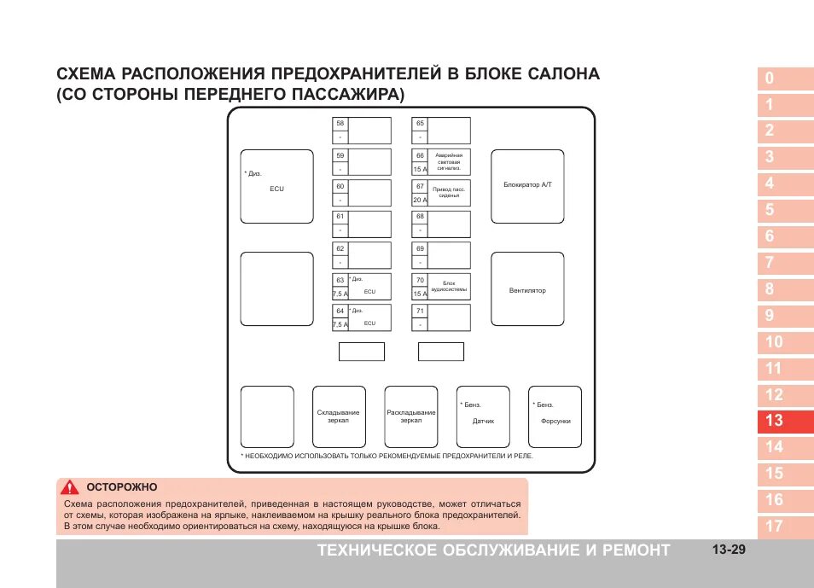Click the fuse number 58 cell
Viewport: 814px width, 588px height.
pyautogui.click(x=340, y=124)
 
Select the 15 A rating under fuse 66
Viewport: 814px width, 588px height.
pyautogui.click(x=420, y=169)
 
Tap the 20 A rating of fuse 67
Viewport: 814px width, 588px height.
pyautogui.click(x=420, y=200)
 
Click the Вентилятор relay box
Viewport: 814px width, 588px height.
pyautogui.click(x=527, y=290)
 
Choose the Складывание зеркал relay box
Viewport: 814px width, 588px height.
pyautogui.click(x=339, y=416)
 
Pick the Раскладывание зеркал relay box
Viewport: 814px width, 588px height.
pyautogui.click(x=411, y=416)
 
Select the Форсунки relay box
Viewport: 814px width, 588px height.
pyautogui.click(x=555, y=416)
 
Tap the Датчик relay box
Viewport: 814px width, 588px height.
pyautogui.click(x=483, y=416)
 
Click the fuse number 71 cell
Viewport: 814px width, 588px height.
pyautogui.click(x=420, y=311)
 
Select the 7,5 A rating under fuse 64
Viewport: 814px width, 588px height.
pyautogui.click(x=340, y=324)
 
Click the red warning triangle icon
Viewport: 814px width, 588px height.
pyautogui.click(x=68, y=487)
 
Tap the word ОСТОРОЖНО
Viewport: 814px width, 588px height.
pyautogui.click(x=122, y=487)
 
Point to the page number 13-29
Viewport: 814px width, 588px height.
pyautogui.click(x=728, y=550)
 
